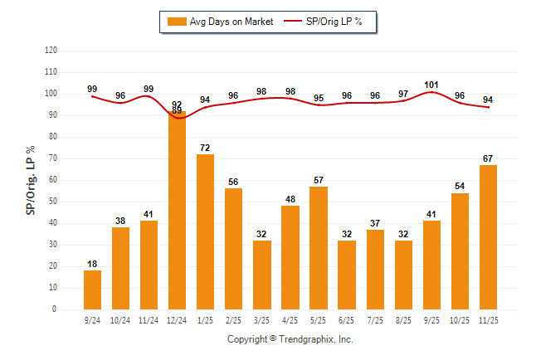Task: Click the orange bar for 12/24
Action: pyautogui.click(x=178, y=212)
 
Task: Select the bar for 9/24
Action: pyautogui.click(x=93, y=289)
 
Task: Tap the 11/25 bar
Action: pyautogui.click(x=488, y=237)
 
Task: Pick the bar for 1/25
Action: pyautogui.click(x=206, y=231)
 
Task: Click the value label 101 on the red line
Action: pyautogui.click(x=431, y=84)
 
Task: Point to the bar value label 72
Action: pyautogui.click(x=206, y=148)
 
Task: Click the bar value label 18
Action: pyautogui.click(x=93, y=264)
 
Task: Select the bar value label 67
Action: pyautogui.click(x=488, y=158)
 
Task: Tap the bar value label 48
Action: pyautogui.click(x=290, y=199)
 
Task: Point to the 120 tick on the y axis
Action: pyautogui.click(x=51, y=51)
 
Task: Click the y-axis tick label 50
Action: pyautogui.click(x=53, y=202)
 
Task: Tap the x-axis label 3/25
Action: pyautogui.click(x=262, y=319)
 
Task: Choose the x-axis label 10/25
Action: pyautogui.click(x=460, y=319)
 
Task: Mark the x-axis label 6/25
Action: pyautogui.click(x=347, y=319)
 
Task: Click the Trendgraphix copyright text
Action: pyautogui.click(x=290, y=339)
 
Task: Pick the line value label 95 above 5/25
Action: pyautogui.click(x=319, y=99)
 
